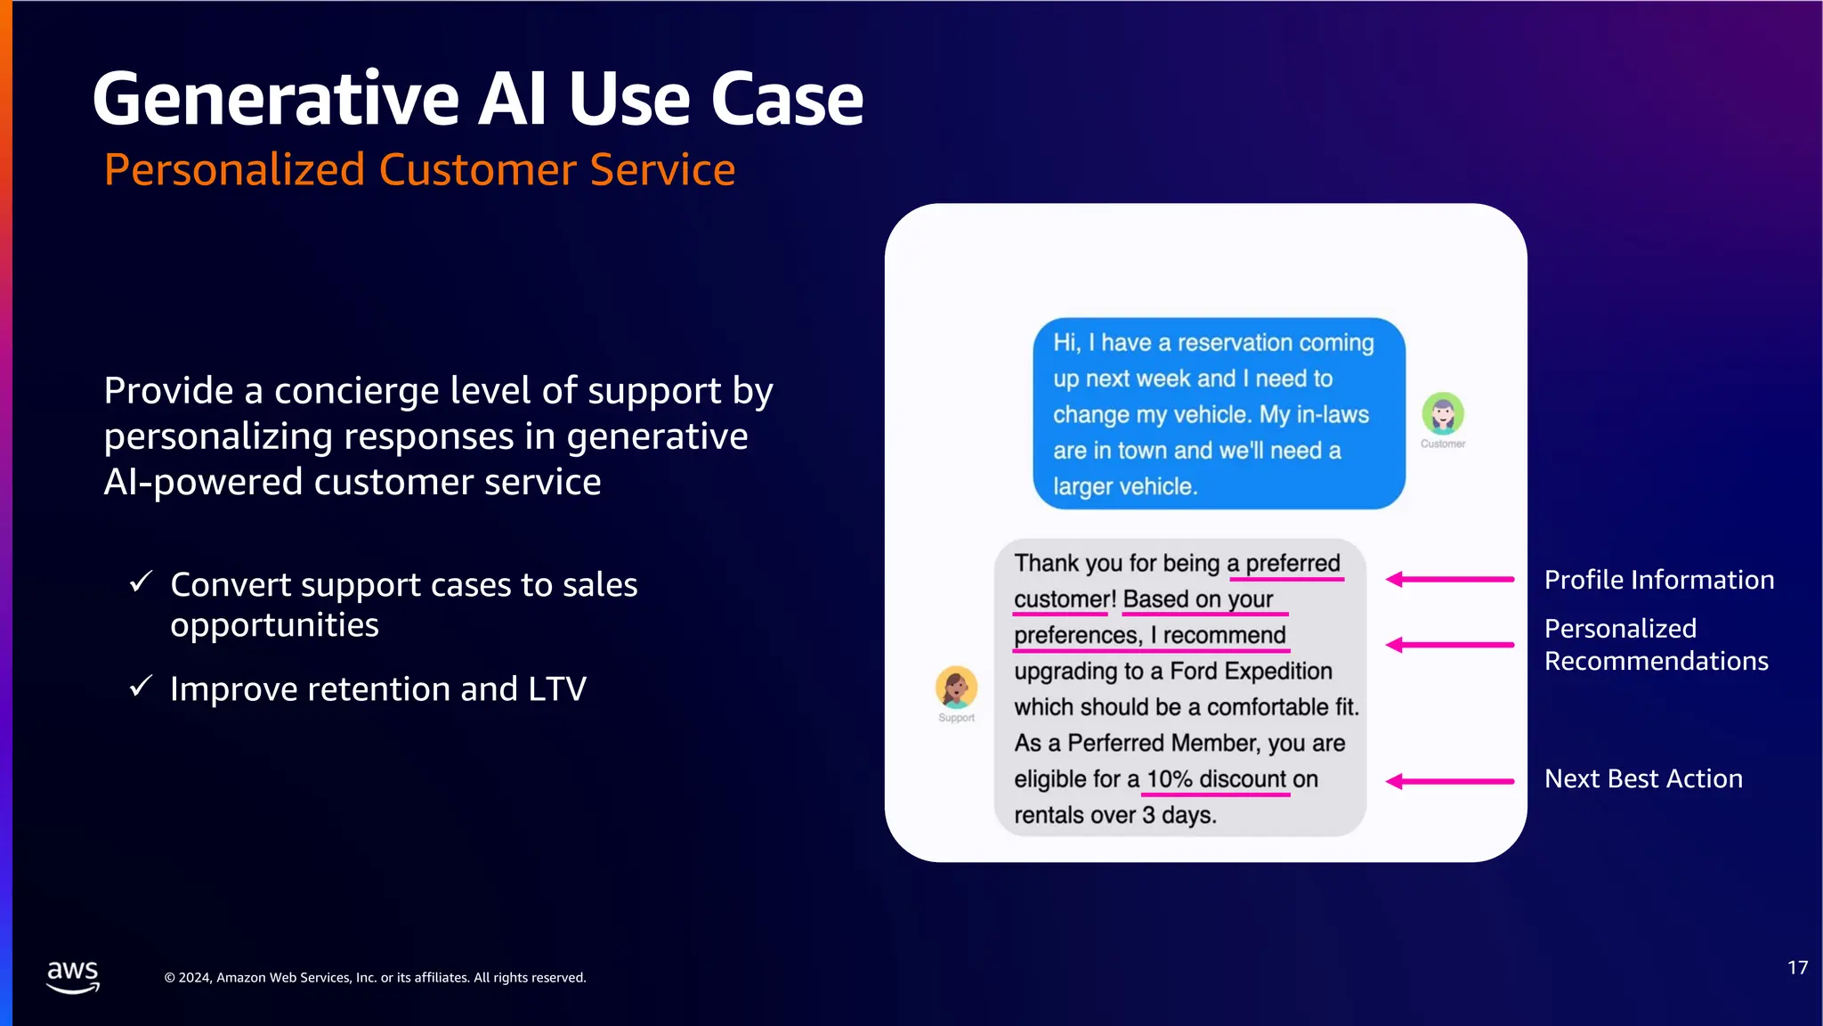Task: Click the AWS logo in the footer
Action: [72, 975]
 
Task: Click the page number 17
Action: [1797, 968]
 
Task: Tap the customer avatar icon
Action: [1442, 413]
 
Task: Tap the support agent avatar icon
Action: [956, 687]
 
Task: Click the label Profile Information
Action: [1658, 580]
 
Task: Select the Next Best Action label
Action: [1643, 778]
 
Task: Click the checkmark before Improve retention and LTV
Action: [142, 686]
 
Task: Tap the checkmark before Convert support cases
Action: [142, 582]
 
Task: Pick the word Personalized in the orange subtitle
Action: [234, 169]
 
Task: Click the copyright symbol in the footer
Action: [169, 978]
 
